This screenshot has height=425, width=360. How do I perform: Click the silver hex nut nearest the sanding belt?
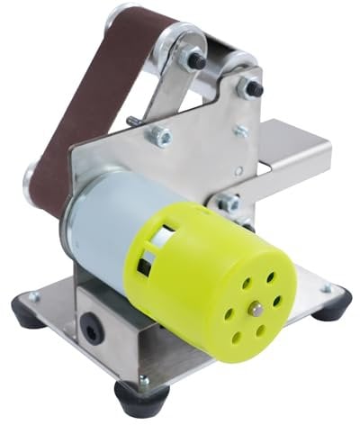(160, 136)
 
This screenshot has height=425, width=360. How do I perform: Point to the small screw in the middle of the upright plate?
(240, 131)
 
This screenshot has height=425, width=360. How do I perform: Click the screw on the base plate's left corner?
(34, 295)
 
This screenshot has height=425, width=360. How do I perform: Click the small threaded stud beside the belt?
(133, 120)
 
